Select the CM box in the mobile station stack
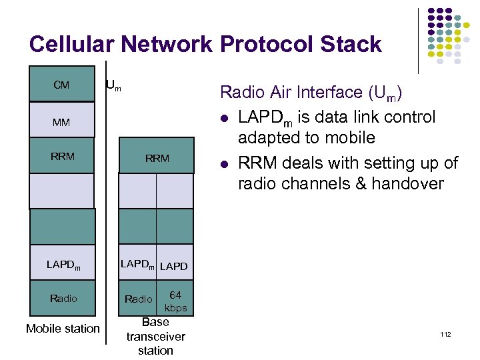pos(61,85)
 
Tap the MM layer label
pos(61,123)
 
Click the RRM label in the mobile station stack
pos(63,157)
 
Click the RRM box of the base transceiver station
pos(157,158)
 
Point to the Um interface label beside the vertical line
pos(114,85)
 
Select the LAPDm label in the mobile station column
pos(63,265)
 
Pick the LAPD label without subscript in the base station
pos(174,266)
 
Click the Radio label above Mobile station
pos(63,298)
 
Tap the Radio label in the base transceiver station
pos(139,299)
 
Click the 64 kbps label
pos(175,301)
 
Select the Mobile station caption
pos(63,328)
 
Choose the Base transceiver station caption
pos(155,336)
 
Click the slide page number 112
pos(445,333)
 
